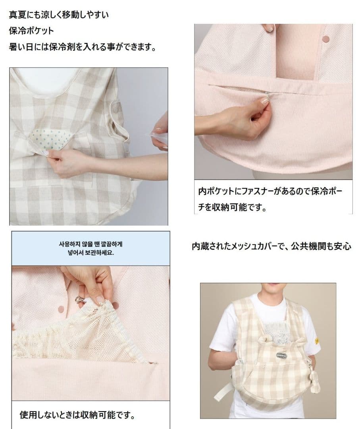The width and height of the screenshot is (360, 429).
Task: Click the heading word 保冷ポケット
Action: pyautogui.click(x=31, y=31)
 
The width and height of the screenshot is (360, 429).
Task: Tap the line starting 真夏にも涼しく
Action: pyautogui.click(x=59, y=15)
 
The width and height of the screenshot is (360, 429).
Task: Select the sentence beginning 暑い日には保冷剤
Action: pyautogui.click(x=82, y=46)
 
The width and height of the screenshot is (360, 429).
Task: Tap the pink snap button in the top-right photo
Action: pyautogui.click(x=326, y=39)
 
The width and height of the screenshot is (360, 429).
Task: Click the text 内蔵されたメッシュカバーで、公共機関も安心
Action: pyautogui.click(x=271, y=246)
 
